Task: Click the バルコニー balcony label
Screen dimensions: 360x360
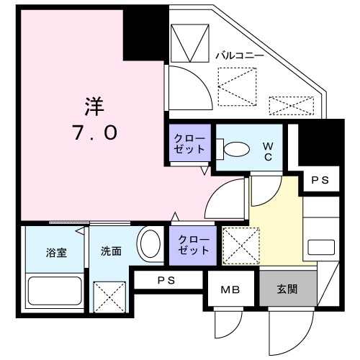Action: coord(240,55)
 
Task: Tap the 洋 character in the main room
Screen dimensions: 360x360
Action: coord(95,107)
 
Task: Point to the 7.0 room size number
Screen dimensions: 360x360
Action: coord(96,132)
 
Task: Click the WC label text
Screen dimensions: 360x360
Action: coord(268,151)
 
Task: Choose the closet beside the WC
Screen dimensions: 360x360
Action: coord(190,143)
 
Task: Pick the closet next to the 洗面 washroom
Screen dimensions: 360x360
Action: coord(193,246)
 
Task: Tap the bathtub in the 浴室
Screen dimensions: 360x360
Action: coord(55,291)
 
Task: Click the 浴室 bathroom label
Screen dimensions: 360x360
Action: coord(56,253)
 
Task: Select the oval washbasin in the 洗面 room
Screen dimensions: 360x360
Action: coord(150,244)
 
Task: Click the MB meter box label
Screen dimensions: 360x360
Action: coord(230,290)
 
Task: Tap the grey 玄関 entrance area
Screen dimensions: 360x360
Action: coord(287,289)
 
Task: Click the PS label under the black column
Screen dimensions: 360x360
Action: coord(320,180)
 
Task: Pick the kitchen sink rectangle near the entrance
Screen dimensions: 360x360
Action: coord(321,247)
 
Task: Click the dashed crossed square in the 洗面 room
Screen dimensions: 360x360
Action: coord(109,297)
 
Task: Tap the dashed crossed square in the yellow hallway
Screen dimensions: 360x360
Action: coord(241,246)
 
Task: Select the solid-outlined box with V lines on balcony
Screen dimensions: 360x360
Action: coord(189,43)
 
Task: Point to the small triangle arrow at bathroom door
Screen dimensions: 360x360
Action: coord(80,231)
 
